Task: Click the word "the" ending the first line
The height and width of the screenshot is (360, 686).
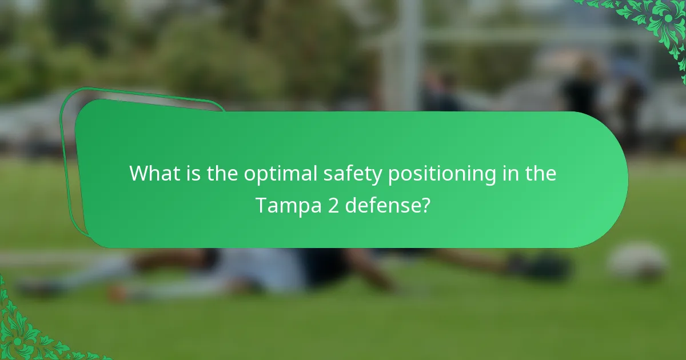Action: [x=540, y=173]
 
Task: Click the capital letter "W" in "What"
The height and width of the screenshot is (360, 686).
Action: [x=139, y=173]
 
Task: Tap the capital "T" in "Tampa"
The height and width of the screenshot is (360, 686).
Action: [x=261, y=204]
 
